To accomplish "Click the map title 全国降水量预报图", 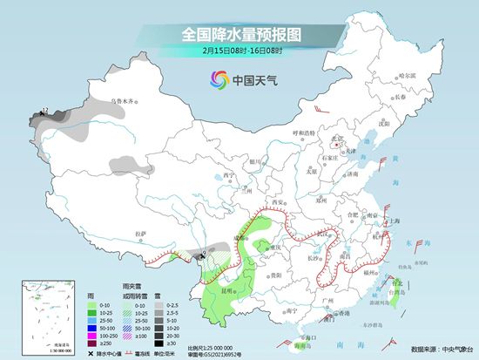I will point(239,34).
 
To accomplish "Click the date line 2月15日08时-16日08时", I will point(239,51).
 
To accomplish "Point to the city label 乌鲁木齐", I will point(124,102).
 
